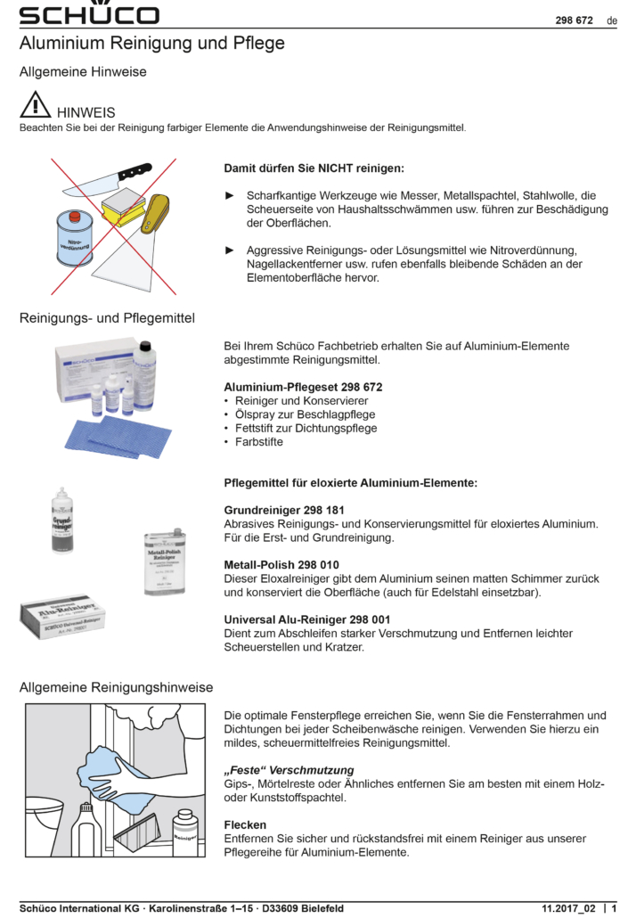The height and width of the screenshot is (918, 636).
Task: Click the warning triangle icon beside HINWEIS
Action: pos(35,106)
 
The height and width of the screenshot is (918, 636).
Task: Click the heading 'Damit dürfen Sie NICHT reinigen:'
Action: pos(314,168)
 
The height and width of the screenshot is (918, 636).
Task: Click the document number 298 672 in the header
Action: pos(575,20)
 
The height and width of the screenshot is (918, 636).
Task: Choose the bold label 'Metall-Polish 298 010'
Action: pos(281,565)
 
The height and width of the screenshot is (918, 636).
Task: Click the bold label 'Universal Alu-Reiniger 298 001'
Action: pos(306,619)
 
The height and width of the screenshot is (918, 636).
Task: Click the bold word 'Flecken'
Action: pos(245,825)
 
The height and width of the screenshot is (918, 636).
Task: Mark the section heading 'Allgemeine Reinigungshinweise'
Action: pos(116,687)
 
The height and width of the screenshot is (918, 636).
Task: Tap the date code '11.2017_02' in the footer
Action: pos(567,908)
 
